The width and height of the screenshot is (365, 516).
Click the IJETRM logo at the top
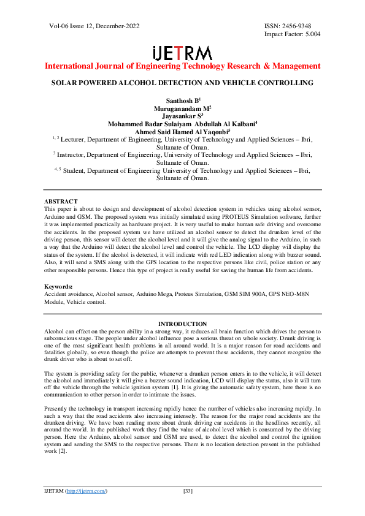pos(182,52)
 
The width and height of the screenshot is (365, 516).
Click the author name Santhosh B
pos(182,99)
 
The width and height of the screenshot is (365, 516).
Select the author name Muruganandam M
pos(182,107)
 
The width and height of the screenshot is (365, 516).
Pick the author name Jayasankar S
pos(182,115)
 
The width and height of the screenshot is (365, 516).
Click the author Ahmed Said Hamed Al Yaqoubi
pos(182,131)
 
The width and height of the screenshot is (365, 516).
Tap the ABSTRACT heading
pos(61,202)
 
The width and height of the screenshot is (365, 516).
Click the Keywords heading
pos(59,287)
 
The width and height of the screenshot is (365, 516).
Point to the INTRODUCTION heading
pos(182,324)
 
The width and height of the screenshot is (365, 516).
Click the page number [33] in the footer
pos(188,491)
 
